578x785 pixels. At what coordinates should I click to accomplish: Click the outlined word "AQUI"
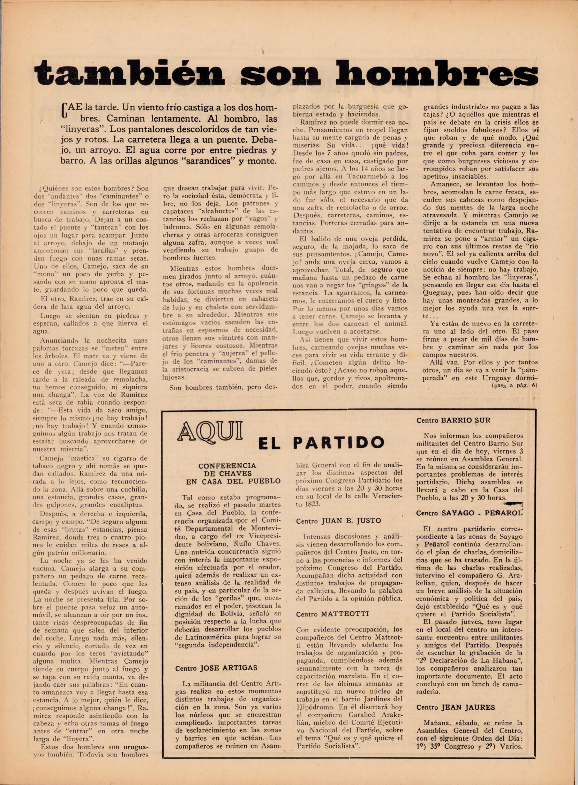pyautogui.click(x=210, y=431)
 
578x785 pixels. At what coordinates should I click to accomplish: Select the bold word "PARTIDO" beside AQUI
pyautogui.click(x=338, y=443)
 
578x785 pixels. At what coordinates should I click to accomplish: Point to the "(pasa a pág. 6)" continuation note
pyautogui.click(x=514, y=385)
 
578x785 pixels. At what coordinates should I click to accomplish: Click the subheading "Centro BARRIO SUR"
pyautogui.click(x=453, y=420)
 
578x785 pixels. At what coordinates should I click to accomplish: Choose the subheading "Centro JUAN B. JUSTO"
pyautogui.click(x=338, y=521)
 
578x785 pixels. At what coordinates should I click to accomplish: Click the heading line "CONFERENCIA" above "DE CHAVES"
pyautogui.click(x=227, y=466)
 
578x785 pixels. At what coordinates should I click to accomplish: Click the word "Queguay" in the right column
pyautogui.click(x=437, y=293)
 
